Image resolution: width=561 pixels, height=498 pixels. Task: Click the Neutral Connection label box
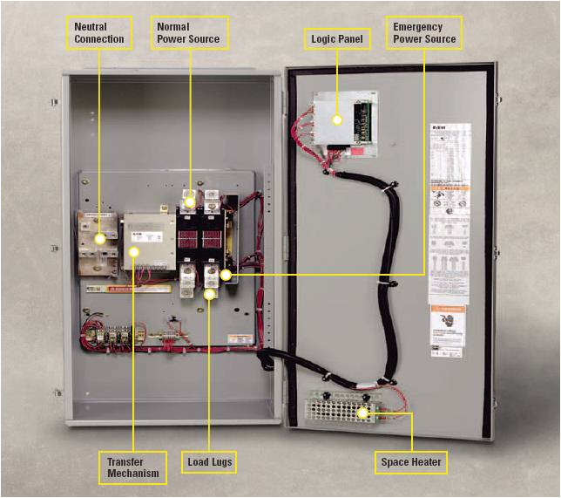click(x=99, y=33)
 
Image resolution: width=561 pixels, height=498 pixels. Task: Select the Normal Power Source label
click(x=189, y=33)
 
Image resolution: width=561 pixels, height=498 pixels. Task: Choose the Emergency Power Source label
click(x=423, y=33)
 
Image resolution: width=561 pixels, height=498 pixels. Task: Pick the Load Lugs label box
click(x=210, y=460)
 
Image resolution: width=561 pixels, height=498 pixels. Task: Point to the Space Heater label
click(x=411, y=460)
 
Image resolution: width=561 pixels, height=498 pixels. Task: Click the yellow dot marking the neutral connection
click(x=100, y=238)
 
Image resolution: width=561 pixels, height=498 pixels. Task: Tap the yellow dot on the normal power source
click(x=189, y=201)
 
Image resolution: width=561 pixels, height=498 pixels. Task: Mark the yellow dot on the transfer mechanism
click(x=133, y=253)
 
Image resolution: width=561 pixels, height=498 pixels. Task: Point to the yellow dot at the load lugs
click(x=210, y=296)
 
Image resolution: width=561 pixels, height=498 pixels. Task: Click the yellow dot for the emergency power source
click(x=226, y=275)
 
